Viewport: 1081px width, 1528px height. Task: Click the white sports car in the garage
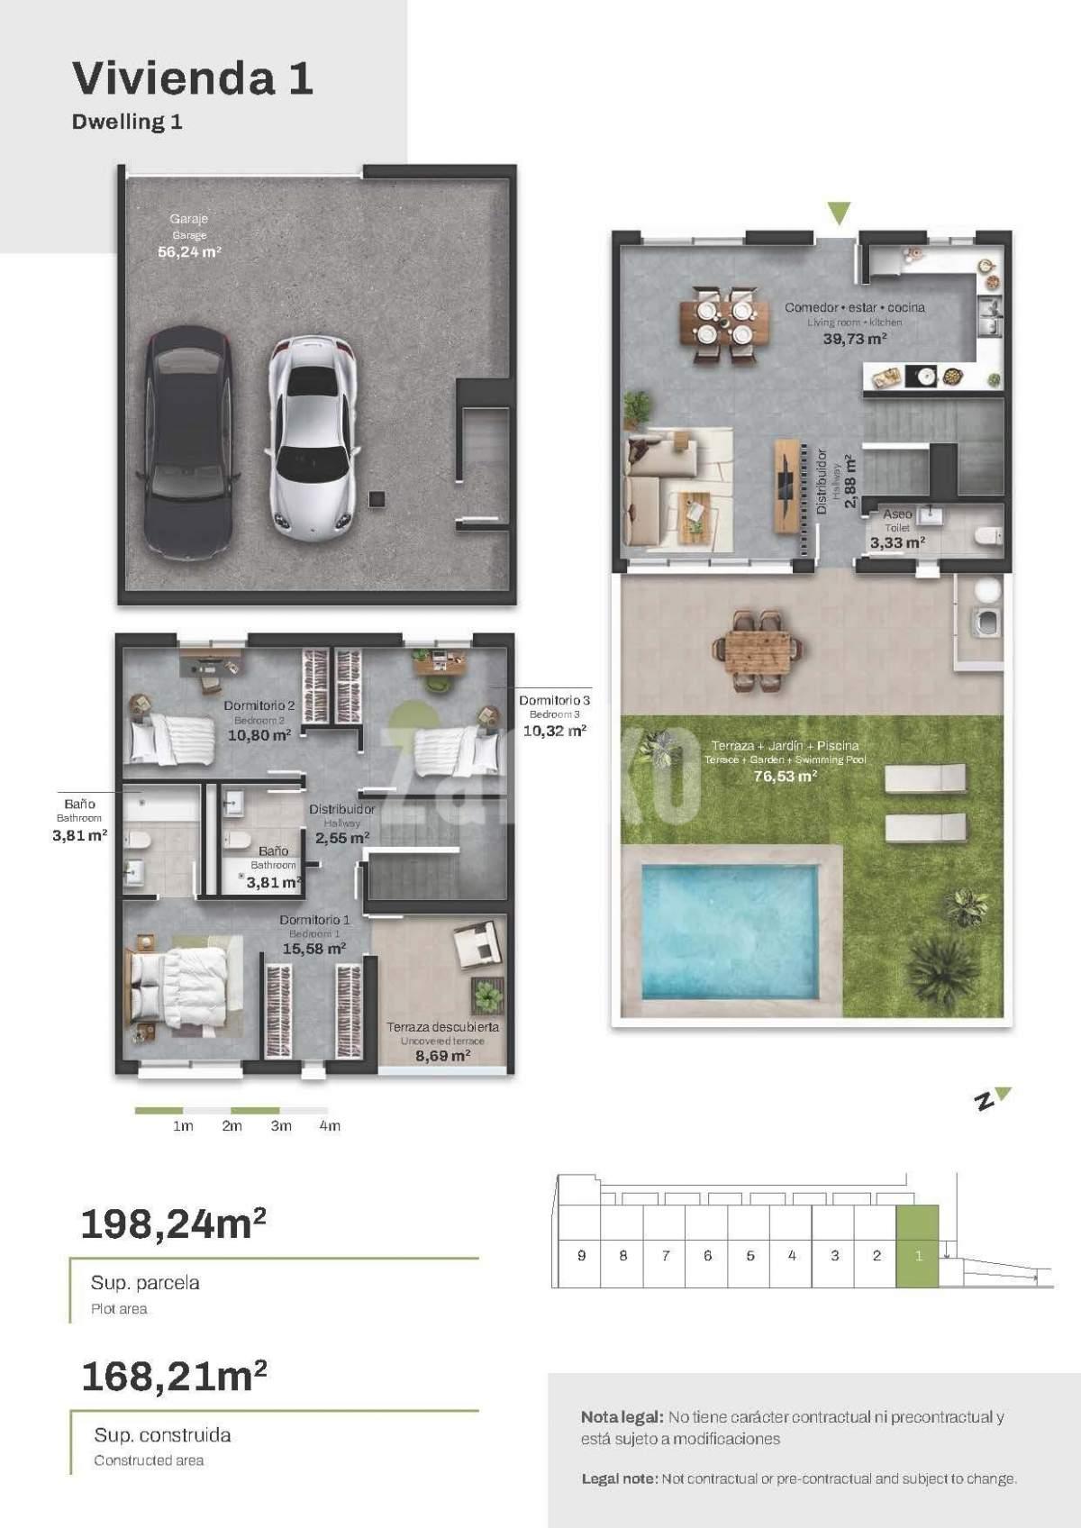pos(313,438)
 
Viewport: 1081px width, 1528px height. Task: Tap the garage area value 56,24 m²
pos(189,251)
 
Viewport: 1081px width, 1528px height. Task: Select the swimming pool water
pos(730,932)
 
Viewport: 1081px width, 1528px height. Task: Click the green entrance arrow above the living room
pos(839,213)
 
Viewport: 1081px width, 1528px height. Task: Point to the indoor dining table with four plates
pos(724,323)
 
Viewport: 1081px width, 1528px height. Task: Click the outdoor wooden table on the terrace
pos(757,651)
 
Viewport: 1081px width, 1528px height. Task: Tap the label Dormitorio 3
pos(555,700)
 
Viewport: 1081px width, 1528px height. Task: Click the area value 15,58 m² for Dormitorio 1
pos(314,948)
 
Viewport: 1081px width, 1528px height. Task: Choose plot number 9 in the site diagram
pos(581,1255)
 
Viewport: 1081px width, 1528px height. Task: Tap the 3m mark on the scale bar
pos(281,1125)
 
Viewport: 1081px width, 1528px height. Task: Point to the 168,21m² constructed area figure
pos(174,1377)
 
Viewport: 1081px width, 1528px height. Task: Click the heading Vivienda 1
pos(193,77)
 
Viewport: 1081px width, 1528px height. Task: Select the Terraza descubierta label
pos(442,1027)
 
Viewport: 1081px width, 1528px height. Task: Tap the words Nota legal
pos(622,1417)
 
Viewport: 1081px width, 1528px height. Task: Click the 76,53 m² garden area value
pos(785,776)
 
